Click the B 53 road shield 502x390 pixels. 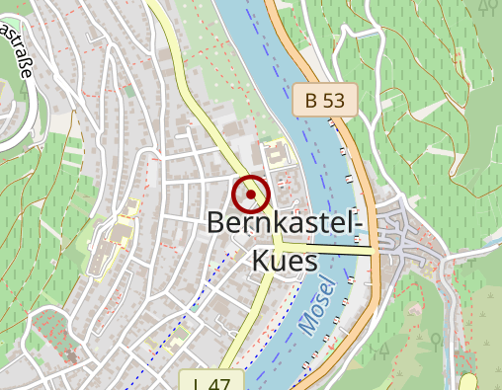tap(324, 99)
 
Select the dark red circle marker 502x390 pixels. tap(251, 194)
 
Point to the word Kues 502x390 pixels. tap(285, 260)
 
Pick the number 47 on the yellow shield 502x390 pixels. tap(221, 383)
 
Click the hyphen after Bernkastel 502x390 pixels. tap(361, 225)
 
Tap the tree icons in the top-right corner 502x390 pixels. tap(487, 8)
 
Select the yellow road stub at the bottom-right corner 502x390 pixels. tap(468, 382)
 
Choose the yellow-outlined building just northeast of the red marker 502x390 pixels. tap(275, 154)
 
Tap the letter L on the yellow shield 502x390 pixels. tap(199, 383)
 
